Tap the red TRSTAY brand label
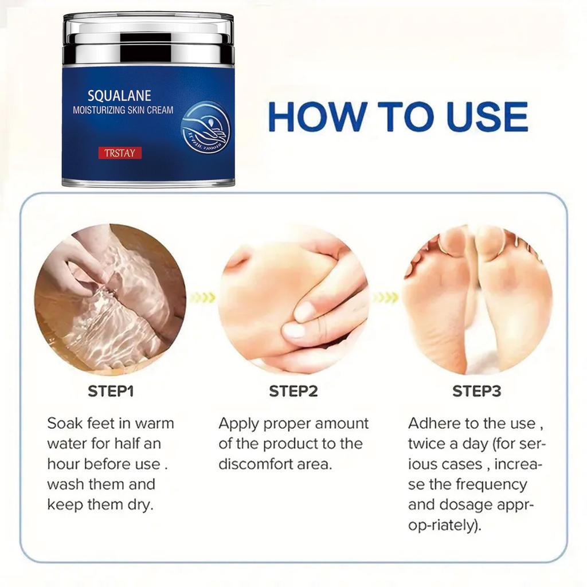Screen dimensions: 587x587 [119, 153]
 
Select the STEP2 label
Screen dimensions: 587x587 [293, 392]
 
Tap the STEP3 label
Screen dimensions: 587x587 [477, 392]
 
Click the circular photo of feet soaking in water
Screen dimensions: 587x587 [110, 299]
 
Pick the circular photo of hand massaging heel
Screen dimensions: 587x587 [293, 299]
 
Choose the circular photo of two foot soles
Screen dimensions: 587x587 [477, 299]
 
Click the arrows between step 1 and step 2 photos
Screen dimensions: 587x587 [202, 298]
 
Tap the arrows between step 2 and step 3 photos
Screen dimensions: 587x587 [385, 298]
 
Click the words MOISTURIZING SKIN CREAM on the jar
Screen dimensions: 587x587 [123, 110]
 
